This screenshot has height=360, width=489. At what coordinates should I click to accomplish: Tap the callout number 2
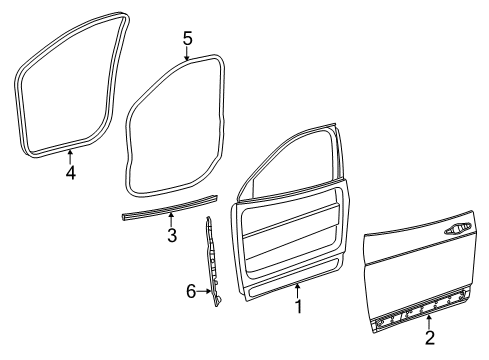(429, 340)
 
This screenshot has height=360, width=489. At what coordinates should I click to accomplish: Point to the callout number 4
(70, 172)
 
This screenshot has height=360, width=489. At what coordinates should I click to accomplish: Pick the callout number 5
(187, 38)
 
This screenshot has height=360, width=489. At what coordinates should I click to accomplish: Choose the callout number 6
(191, 293)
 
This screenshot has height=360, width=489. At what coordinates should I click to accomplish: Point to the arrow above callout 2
(429, 322)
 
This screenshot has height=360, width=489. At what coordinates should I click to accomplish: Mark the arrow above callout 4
(70, 155)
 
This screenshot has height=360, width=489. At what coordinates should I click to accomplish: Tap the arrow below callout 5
(187, 56)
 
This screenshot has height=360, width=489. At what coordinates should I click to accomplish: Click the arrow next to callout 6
(206, 293)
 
